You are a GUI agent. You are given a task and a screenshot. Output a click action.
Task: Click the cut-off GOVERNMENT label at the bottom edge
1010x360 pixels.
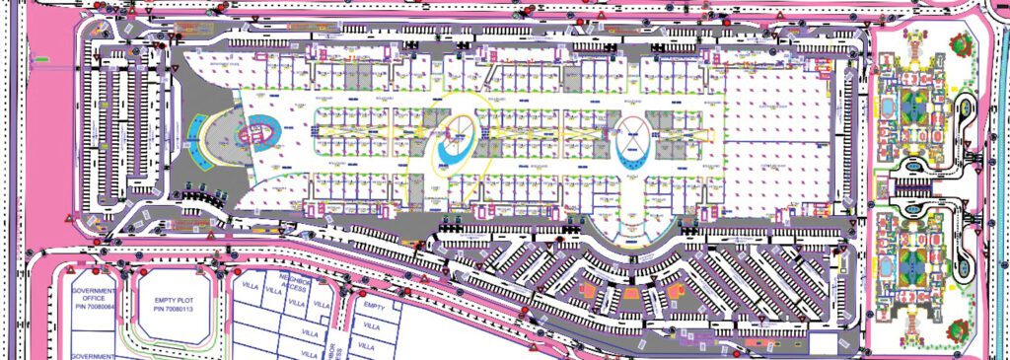(x=93, y=355)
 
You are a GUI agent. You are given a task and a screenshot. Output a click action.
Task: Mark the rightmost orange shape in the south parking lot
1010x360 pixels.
(x=677, y=292)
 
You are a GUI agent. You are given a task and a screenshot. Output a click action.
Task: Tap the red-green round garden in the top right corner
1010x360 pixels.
(x=960, y=43)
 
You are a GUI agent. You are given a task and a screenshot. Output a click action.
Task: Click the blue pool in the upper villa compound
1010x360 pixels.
(x=889, y=105)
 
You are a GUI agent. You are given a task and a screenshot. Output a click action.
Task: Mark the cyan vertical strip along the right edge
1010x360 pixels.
(x=997, y=178)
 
